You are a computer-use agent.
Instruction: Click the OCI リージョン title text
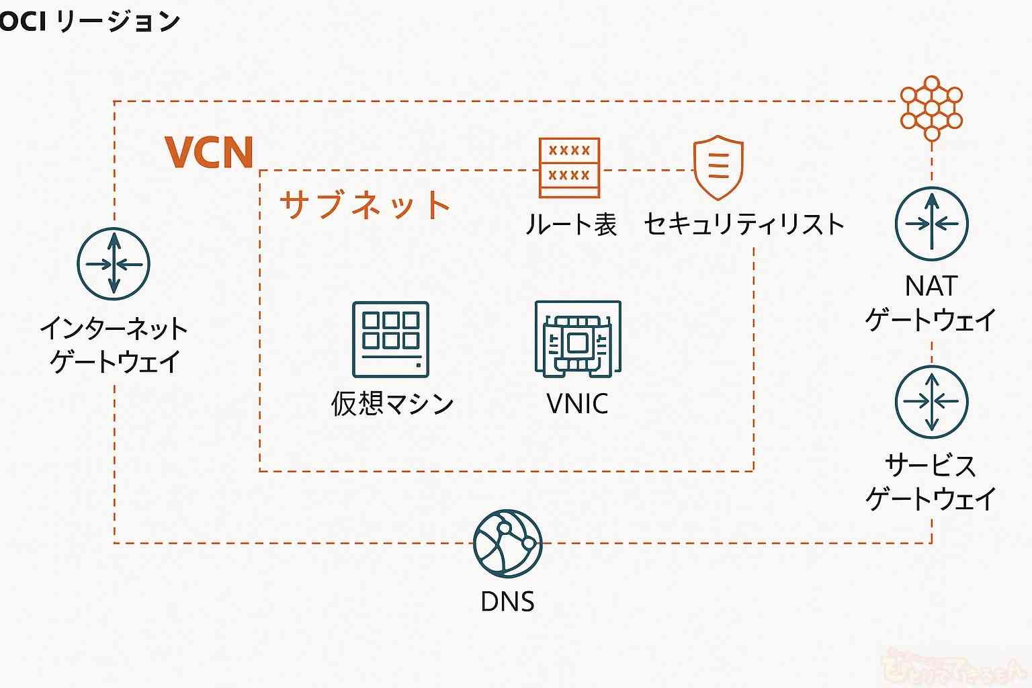click(89, 21)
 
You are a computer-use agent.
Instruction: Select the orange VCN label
click(209, 152)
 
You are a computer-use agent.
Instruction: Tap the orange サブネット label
click(364, 204)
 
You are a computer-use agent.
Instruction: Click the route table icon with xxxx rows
click(569, 167)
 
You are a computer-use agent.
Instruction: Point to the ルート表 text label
click(570, 224)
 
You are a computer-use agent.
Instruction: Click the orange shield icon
click(718, 167)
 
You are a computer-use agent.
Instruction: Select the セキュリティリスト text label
click(744, 224)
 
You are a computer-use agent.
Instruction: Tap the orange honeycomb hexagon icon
click(931, 107)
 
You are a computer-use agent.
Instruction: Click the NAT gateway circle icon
click(931, 224)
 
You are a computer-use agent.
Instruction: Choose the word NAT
click(931, 286)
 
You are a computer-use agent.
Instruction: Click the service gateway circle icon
click(931, 402)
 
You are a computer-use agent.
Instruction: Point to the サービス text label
click(931, 465)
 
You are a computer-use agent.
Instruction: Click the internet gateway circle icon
click(114, 263)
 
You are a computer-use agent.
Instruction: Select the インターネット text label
click(114, 329)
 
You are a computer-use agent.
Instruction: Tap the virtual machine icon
click(391, 339)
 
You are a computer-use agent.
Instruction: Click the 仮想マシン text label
click(392, 404)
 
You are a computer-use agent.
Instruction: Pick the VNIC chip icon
click(578, 339)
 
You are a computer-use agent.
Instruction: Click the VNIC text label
click(577, 404)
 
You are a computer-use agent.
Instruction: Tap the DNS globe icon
click(507, 543)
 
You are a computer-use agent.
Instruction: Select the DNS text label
click(507, 601)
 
